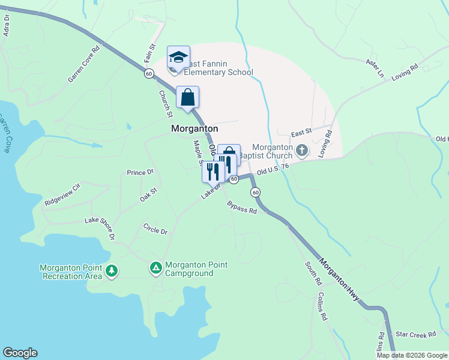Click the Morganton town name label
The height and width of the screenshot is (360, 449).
(x=194, y=128)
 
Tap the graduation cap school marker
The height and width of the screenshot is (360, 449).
(x=178, y=58)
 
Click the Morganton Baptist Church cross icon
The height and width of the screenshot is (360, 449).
(x=303, y=150)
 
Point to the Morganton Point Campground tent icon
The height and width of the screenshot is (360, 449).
(x=156, y=268)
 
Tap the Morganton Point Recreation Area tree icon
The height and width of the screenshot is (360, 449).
(x=111, y=271)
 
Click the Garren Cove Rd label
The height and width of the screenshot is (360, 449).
(x=83, y=66)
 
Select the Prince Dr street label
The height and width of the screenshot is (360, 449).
(x=140, y=172)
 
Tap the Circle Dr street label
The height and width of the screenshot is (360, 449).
(x=155, y=229)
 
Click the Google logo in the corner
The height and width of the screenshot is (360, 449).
(x=20, y=353)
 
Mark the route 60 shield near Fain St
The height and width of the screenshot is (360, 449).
(x=149, y=73)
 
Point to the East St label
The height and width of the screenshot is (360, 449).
(x=302, y=131)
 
